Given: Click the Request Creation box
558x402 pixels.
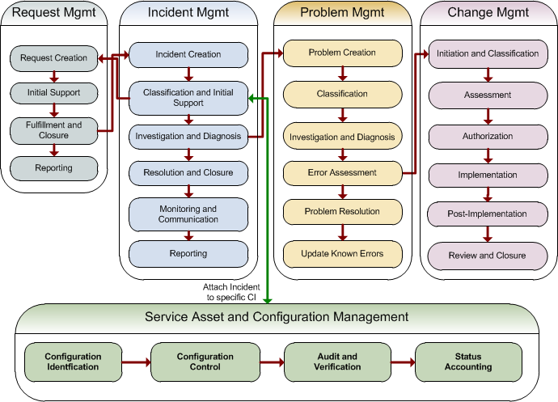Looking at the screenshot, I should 53,58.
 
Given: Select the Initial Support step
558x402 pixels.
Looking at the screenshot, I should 53,92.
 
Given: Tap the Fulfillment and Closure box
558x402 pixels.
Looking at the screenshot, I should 53,130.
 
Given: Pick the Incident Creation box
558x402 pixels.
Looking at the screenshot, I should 188,55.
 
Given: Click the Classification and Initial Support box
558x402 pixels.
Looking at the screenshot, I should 188,98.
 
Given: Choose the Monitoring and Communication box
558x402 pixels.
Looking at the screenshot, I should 188,214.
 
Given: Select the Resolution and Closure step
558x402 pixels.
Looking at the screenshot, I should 188,172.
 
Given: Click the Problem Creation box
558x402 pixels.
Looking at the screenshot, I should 342,53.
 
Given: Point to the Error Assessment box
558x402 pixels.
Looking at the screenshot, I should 342,172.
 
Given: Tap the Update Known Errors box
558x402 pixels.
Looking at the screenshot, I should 342,254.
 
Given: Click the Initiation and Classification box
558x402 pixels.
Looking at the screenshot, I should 488,53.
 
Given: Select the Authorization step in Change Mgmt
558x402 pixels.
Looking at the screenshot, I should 488,136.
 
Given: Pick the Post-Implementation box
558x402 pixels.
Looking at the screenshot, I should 488,214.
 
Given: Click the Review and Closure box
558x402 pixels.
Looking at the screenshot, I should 488,255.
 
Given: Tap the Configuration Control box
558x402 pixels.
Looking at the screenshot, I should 205,362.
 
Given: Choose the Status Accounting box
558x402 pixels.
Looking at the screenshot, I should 467,362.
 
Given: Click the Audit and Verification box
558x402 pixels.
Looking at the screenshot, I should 337,362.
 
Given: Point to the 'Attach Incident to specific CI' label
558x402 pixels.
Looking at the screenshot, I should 231,292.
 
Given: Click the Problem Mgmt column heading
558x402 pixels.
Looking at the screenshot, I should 342,13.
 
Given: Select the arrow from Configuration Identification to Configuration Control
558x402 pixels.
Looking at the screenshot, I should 137,362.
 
